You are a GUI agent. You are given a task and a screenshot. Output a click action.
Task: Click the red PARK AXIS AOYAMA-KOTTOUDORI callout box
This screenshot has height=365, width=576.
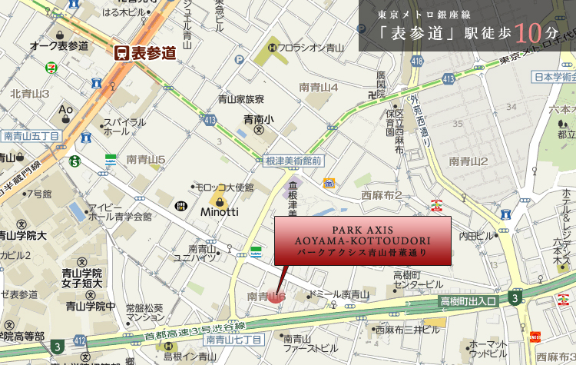tap(362, 241)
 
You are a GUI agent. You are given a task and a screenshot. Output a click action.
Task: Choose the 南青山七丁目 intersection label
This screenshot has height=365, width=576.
tap(234, 339)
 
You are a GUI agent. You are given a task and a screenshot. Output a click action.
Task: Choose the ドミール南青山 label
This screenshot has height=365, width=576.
tap(340, 295)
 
